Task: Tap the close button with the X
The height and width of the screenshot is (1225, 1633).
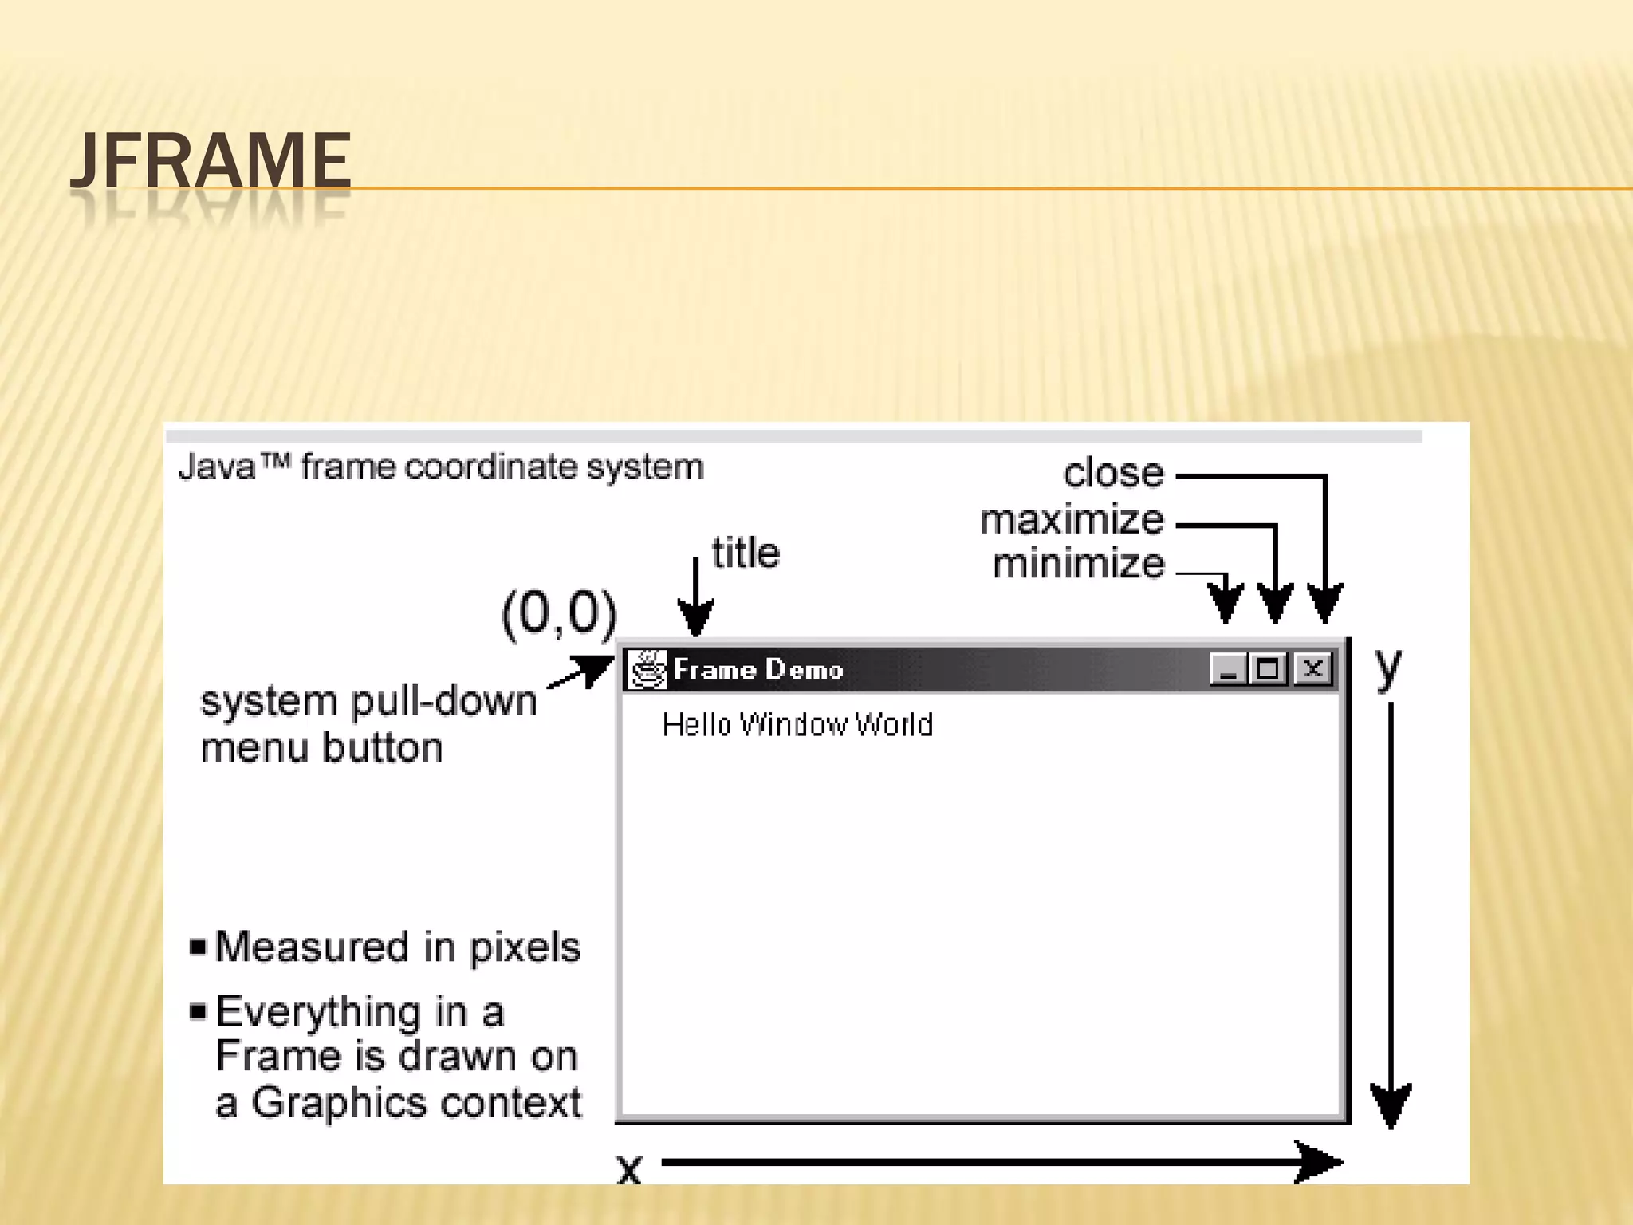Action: (x=1312, y=668)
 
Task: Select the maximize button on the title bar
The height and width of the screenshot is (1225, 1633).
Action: (x=1269, y=668)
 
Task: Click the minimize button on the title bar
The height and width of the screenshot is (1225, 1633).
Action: (x=1227, y=668)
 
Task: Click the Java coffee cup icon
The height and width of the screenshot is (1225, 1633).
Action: (x=646, y=668)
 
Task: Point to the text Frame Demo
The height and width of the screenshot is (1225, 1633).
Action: (x=757, y=669)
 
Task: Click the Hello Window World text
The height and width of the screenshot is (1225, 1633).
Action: (x=797, y=724)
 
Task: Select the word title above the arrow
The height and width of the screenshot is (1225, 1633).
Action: (x=746, y=553)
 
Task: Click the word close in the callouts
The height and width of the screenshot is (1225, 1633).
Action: (x=1113, y=473)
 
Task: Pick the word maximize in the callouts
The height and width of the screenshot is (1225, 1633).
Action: (x=1071, y=520)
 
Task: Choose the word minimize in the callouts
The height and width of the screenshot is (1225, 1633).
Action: (x=1078, y=564)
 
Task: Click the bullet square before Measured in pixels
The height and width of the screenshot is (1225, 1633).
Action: (x=198, y=947)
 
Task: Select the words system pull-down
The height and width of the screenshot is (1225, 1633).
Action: (x=368, y=702)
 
